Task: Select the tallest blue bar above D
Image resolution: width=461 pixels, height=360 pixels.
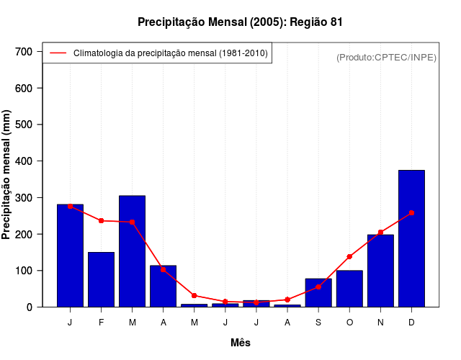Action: point(411,238)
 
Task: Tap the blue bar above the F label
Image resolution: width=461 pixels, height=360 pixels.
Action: point(101,279)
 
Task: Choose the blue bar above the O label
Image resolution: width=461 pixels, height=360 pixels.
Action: point(349,289)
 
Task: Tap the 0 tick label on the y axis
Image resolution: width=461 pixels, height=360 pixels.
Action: point(29,307)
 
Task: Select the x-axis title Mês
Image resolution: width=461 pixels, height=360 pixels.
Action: point(241,343)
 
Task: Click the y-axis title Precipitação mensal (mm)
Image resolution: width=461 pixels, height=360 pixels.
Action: point(7,175)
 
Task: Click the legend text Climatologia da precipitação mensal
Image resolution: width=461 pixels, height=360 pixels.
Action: point(170,53)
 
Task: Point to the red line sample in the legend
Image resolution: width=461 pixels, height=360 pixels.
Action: point(58,53)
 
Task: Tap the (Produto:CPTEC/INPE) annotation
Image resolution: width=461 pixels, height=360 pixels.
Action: point(387,57)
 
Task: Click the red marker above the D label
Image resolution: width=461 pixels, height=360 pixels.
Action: point(411,213)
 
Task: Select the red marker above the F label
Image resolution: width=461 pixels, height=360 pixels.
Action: point(101,220)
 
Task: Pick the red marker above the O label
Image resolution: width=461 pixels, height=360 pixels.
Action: point(349,256)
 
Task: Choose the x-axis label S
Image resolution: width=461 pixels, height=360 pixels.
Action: point(318,322)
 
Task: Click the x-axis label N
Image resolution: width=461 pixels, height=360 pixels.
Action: point(380,322)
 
